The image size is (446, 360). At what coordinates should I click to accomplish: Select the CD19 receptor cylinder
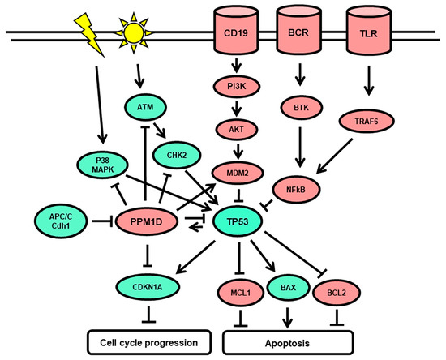click(231, 36)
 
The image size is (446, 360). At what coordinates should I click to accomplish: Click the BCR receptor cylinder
click(296, 36)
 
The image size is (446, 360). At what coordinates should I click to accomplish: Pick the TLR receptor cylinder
click(364, 36)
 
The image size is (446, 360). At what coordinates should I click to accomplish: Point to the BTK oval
click(296, 105)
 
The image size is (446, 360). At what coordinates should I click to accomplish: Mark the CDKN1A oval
click(148, 285)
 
